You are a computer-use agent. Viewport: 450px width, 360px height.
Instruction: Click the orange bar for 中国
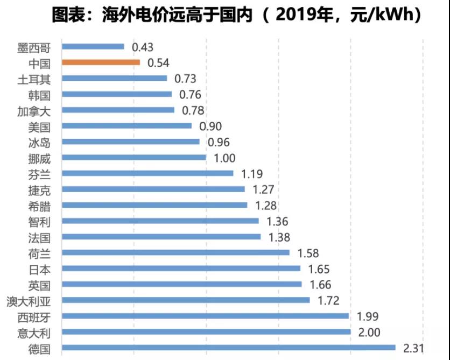coord(101,62)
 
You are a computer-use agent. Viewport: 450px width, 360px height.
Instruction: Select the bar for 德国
coord(228,348)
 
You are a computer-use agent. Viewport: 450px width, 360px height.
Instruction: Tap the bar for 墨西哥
coord(93,47)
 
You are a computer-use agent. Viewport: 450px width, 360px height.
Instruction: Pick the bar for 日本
coord(181,268)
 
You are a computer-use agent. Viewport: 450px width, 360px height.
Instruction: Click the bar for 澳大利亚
coord(186,300)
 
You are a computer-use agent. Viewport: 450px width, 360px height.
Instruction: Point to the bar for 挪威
coord(133,157)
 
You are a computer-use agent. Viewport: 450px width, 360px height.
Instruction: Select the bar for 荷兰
coord(175,252)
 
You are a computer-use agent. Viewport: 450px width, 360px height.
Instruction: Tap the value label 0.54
coord(158,63)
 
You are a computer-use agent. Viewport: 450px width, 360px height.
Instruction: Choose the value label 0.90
coord(210,126)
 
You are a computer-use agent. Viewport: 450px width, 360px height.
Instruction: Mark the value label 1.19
coord(252,174)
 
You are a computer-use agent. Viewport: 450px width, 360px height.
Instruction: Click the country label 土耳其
coord(34,79)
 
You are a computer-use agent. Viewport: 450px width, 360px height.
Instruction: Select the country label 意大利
coord(34,332)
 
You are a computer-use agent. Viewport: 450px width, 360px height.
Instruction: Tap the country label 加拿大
coord(34,110)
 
